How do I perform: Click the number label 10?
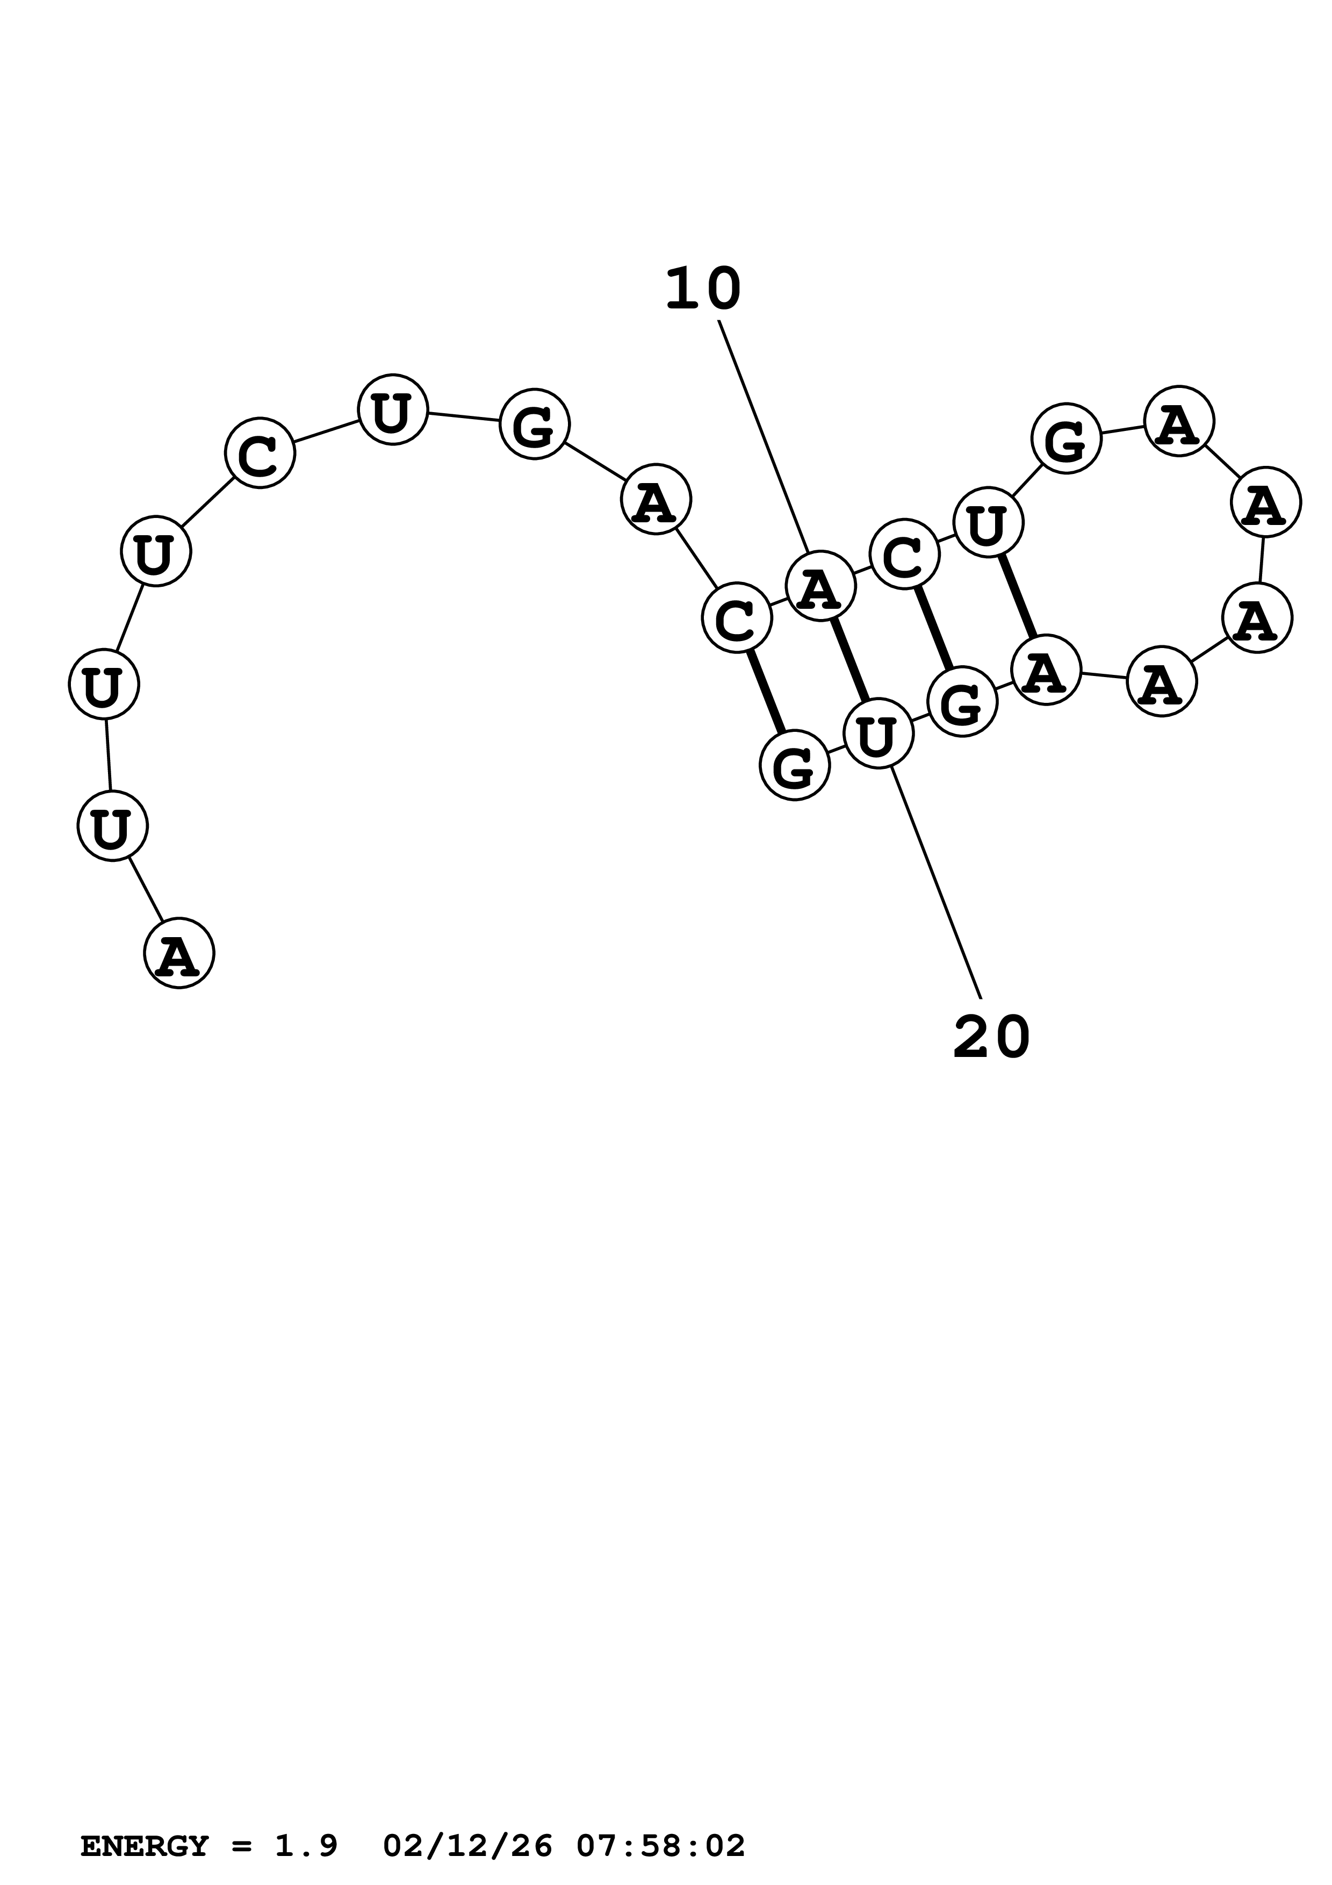(x=702, y=290)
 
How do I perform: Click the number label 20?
(x=991, y=1038)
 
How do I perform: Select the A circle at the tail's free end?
(x=179, y=953)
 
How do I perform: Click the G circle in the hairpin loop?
(x=1066, y=438)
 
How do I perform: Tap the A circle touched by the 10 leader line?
(x=820, y=585)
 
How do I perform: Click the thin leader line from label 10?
(x=763, y=435)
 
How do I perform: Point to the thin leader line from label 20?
(x=935, y=882)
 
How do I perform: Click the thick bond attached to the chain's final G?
(x=766, y=691)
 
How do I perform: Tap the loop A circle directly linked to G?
(x=1178, y=421)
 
